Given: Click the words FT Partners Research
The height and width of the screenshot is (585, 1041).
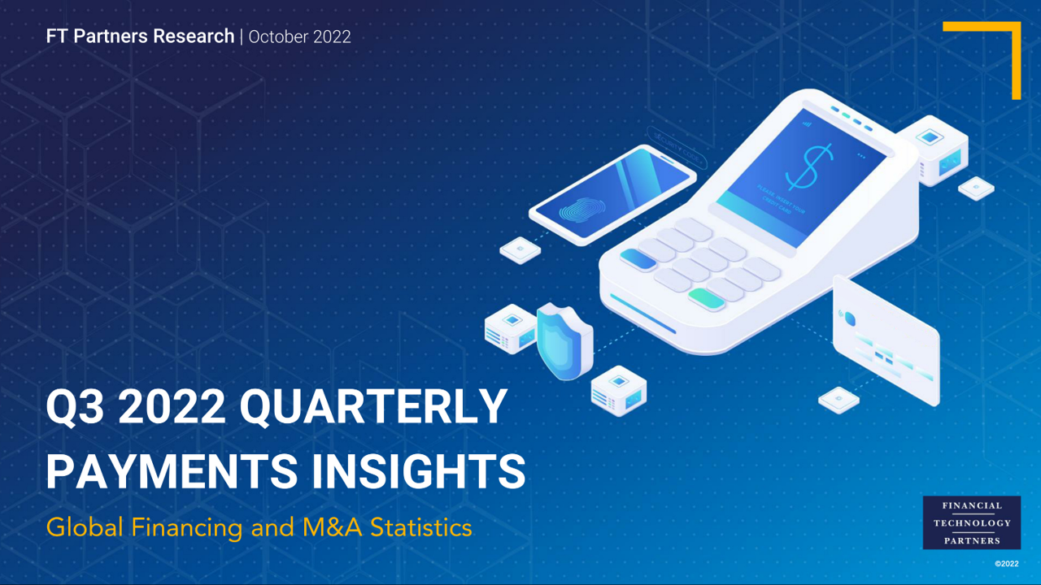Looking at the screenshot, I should point(140,37).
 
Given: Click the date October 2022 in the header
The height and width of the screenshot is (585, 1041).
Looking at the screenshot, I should point(299,37).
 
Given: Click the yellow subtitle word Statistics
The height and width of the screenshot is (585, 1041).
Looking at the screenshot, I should point(420,527).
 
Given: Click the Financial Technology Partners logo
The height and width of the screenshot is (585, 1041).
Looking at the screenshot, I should point(971,522).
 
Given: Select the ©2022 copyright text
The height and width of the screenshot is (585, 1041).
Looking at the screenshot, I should point(1006,563).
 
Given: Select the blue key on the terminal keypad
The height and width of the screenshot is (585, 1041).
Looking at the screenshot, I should point(638,259).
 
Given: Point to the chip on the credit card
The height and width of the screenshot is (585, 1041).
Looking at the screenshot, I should point(848,316).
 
